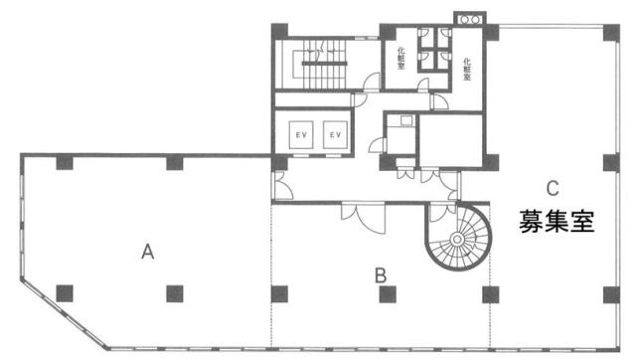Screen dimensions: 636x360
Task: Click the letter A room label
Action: tap(148, 252)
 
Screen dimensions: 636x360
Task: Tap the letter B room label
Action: tap(381, 275)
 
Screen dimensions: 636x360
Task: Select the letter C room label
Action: tap(553, 188)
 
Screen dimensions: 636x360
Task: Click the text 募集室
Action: tap(556, 221)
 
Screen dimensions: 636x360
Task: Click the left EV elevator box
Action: tap(301, 134)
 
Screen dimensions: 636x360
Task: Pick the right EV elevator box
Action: tap(335, 134)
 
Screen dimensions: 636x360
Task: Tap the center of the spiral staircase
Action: tap(457, 239)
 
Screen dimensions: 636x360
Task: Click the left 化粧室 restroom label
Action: tap(400, 59)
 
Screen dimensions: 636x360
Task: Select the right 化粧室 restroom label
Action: tap(467, 69)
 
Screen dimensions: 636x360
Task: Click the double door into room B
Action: tap(363, 218)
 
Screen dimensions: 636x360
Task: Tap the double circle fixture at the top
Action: tap(470, 19)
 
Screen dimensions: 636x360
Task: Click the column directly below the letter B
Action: tap(388, 294)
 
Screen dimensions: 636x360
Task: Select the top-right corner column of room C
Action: tap(611, 33)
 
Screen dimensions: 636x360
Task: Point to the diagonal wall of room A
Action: tap(64, 313)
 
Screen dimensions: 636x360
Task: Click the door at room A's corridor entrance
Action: tap(282, 186)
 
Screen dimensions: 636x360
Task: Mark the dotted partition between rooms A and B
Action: tap(271, 275)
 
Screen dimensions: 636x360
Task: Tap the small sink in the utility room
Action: tap(406, 120)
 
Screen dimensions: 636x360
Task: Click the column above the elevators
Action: tap(279, 32)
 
